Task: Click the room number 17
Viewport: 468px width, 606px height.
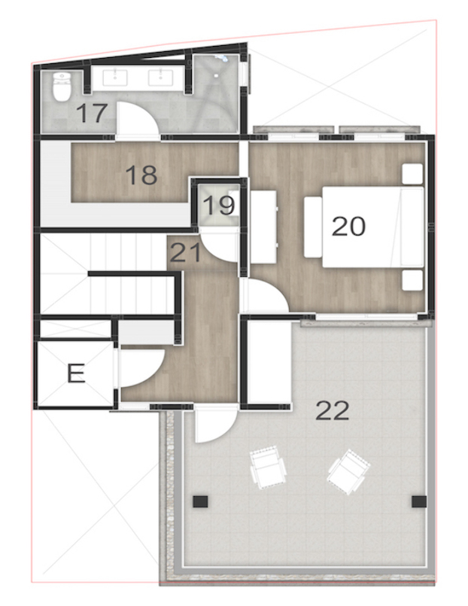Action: [x=92, y=114]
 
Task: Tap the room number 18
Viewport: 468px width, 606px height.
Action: [x=141, y=175]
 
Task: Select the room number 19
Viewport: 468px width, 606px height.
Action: [x=218, y=206]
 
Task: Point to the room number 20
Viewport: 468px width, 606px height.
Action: [x=348, y=225]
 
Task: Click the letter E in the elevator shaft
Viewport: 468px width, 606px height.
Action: [x=75, y=373]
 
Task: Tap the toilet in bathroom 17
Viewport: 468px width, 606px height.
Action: [x=62, y=87]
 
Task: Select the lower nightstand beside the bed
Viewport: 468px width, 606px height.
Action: [x=411, y=280]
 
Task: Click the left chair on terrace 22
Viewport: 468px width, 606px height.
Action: [x=267, y=468]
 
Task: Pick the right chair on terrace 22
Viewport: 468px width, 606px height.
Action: [x=348, y=471]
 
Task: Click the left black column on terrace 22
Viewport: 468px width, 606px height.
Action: [x=199, y=500]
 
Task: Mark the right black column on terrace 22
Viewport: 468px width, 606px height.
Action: [x=419, y=500]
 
